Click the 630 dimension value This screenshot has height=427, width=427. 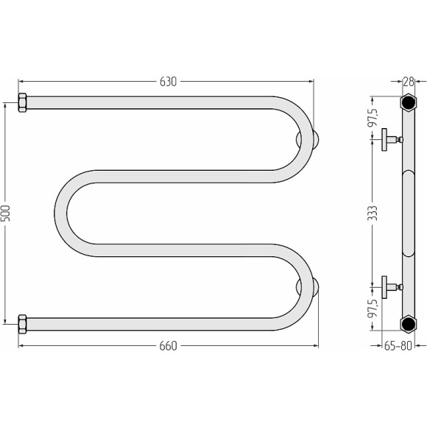pyautogui.click(x=168, y=82)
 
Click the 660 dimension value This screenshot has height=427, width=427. pyautogui.click(x=168, y=346)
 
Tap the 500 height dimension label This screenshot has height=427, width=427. pyautogui.click(x=6, y=213)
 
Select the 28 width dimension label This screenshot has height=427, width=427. pyautogui.click(x=408, y=81)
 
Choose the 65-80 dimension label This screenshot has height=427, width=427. pyautogui.click(x=398, y=346)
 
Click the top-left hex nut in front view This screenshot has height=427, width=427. pyautogui.click(x=22, y=102)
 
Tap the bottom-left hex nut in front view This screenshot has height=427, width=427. pyautogui.click(x=22, y=324)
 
